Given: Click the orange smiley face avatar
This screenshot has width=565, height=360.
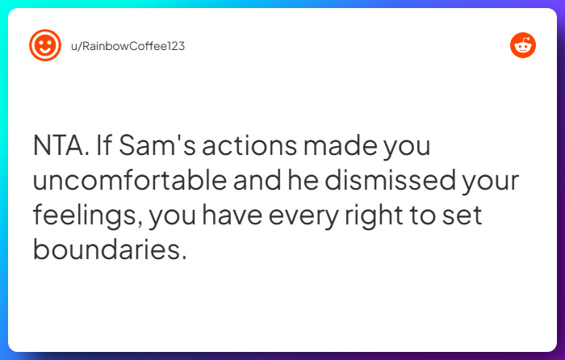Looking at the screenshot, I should click(45, 45).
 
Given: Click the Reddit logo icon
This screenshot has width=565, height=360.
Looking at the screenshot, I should click(522, 45).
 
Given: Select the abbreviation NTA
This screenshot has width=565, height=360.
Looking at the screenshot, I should click(61, 147).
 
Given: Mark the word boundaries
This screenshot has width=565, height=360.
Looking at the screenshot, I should click(109, 249).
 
